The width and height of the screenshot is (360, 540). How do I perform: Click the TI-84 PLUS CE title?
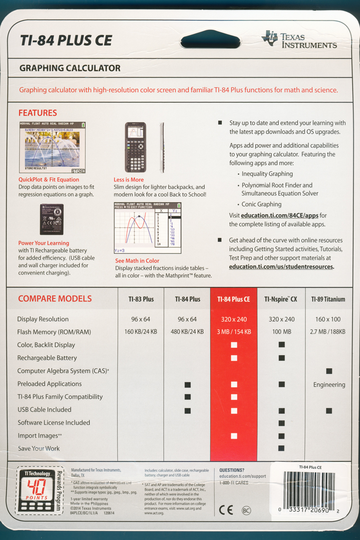coord(66,40)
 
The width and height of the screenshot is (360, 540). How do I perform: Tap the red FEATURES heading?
coord(37,113)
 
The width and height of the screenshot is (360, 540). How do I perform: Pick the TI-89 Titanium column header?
coord(328,299)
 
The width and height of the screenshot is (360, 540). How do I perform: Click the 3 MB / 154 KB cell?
coord(234,332)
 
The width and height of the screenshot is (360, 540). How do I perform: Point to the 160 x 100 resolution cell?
coord(328,319)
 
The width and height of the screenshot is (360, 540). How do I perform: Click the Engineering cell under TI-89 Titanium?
coord(329,384)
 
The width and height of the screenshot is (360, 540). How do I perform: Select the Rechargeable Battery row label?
coord(47,358)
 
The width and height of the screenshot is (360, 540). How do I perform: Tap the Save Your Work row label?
coord(39,448)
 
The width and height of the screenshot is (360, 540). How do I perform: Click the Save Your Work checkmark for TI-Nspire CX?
coord(281,448)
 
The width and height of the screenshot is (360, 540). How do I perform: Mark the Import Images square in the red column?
coord(234,435)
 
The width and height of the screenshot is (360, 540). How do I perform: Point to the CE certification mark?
coord(226,510)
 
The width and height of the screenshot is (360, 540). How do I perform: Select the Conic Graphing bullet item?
coord(261,204)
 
